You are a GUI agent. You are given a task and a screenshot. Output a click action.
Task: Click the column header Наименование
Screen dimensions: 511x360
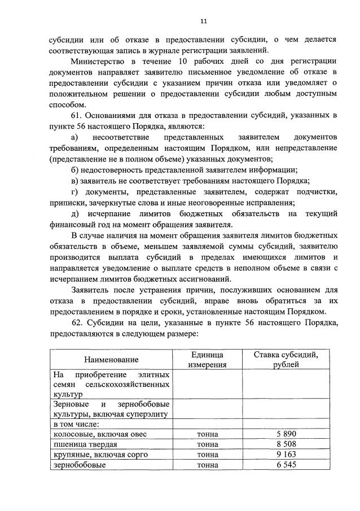tap(111, 359)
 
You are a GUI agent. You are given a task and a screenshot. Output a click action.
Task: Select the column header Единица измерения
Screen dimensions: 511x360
tap(207, 359)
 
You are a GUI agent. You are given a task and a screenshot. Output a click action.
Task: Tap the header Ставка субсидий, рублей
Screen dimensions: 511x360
tap(286, 359)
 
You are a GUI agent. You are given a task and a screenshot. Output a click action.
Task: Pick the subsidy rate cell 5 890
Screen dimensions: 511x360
tap(287, 434)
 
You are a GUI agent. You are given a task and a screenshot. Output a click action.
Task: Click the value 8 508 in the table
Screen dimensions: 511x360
tap(287, 444)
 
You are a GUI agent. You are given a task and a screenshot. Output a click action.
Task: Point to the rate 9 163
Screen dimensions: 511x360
tap(287, 455)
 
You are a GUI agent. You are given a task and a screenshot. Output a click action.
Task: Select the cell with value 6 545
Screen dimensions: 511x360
tap(287, 465)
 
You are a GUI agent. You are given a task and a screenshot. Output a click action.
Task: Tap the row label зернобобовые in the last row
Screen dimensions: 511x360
tap(78, 465)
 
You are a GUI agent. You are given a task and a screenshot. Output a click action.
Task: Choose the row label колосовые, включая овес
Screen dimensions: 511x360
tap(99, 434)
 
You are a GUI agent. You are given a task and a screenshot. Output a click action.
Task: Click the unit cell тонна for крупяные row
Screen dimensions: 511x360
tap(207, 455)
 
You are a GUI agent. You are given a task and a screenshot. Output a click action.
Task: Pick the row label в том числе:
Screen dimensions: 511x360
tap(77, 423)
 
